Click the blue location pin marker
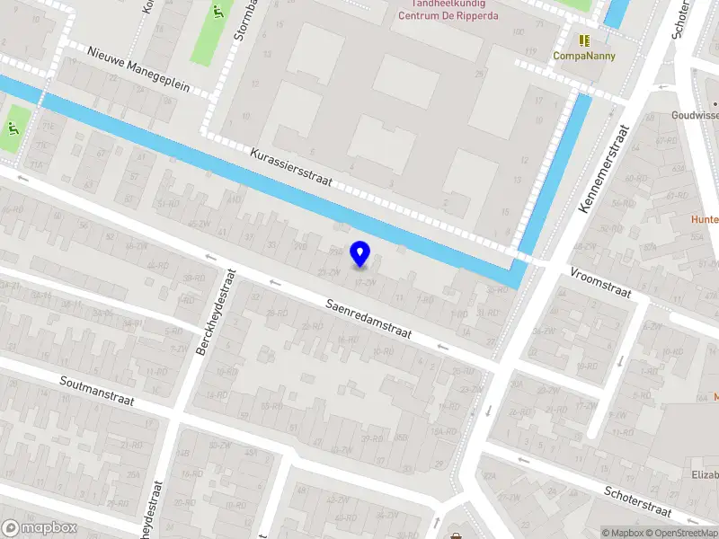[360, 254]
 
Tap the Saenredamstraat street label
[368, 319]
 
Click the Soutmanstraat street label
[97, 391]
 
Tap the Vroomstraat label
[600, 281]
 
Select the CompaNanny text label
[584, 56]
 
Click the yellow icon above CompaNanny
[584, 40]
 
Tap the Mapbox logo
[40, 528]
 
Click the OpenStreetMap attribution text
[686, 533]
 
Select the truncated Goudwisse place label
[695, 115]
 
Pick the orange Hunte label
[704, 219]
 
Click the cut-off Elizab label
[704, 474]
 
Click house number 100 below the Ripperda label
[517, 32]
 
